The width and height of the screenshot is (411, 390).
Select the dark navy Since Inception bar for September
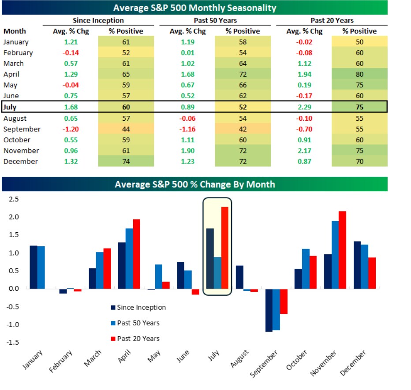(x=269, y=310)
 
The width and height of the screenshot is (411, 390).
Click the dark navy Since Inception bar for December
(x=357, y=265)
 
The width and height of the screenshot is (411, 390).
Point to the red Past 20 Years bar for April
(x=137, y=254)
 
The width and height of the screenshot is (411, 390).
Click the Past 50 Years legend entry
(x=135, y=323)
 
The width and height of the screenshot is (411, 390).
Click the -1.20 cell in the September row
(x=67, y=129)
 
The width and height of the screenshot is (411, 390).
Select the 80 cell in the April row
(x=359, y=74)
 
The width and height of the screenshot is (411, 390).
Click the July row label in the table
(x=12, y=107)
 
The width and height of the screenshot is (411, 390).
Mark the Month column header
(x=15, y=31)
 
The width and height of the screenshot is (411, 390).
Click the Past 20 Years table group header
(x=332, y=20)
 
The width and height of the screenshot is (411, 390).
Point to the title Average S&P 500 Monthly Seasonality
(x=194, y=7)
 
